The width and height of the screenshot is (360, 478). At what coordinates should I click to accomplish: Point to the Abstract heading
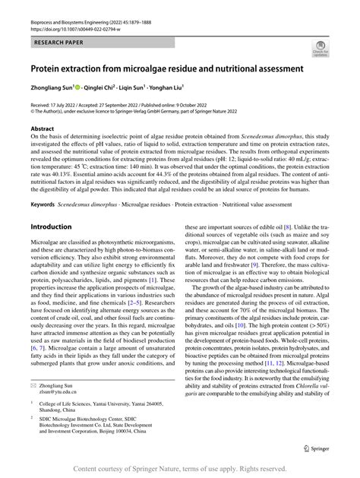click(42, 129)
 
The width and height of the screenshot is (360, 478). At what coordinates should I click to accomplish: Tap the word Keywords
click(43, 203)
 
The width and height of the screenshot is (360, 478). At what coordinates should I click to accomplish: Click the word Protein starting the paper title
click(47, 68)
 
